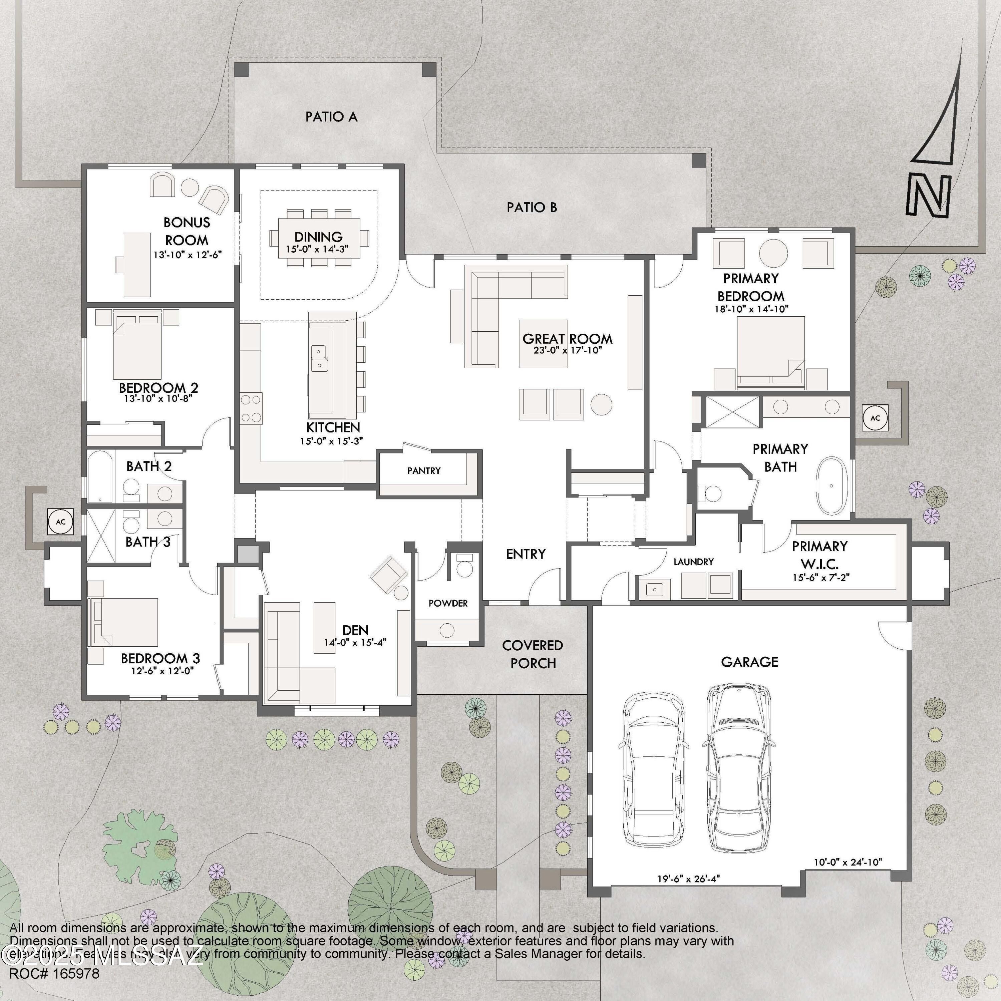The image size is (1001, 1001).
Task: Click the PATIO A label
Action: (x=331, y=116)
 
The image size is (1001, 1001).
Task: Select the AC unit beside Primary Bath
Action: (x=875, y=418)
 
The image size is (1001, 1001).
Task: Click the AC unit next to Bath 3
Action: (x=61, y=522)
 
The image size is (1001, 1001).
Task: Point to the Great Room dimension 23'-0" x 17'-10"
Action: (x=567, y=350)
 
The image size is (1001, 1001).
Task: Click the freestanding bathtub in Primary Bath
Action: (x=831, y=485)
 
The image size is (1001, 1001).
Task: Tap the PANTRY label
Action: (x=424, y=470)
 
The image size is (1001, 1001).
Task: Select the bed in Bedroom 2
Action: (x=137, y=350)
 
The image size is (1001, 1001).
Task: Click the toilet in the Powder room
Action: (x=464, y=567)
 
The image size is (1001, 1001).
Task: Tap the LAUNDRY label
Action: (x=693, y=562)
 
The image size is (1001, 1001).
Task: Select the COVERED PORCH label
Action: (x=533, y=654)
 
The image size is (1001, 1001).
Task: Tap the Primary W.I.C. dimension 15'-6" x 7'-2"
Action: (x=821, y=577)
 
